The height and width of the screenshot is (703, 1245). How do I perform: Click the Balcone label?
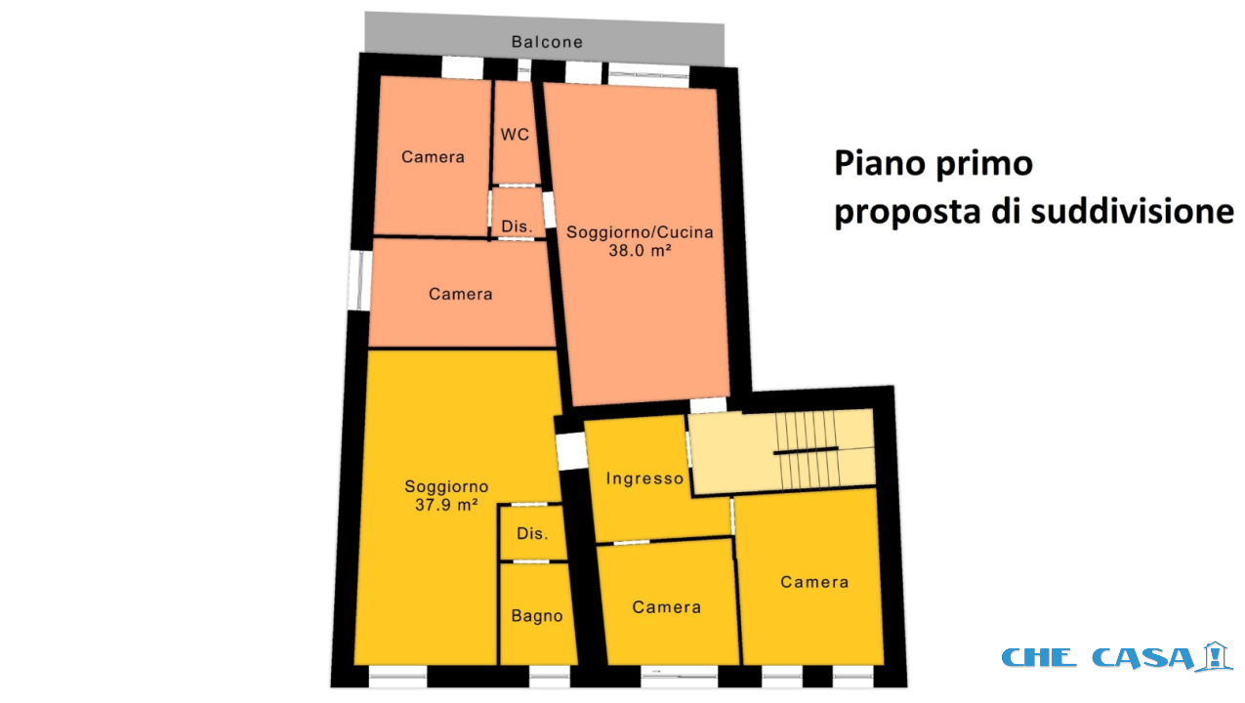tap(547, 42)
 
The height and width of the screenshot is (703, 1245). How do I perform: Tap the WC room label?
tap(515, 135)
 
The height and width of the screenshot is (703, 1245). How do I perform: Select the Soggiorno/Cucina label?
tap(640, 232)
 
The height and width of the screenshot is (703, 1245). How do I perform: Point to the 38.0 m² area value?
tap(640, 251)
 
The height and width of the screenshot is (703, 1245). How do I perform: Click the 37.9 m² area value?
tap(446, 505)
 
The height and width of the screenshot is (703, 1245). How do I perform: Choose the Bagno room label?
tap(537, 616)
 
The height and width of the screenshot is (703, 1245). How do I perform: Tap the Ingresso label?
tap(644, 478)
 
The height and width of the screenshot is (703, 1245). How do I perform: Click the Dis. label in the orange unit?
tap(517, 227)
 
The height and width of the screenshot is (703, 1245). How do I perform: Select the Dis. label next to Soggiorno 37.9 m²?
tap(532, 533)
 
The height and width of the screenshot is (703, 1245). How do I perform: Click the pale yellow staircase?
tap(782, 451)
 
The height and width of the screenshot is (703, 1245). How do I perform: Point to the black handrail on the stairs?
tap(806, 451)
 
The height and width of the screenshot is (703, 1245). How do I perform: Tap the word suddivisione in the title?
tap(1132, 212)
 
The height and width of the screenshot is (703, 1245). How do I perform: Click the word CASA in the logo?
tap(1142, 658)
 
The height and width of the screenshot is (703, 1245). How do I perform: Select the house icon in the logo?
tap(1215, 656)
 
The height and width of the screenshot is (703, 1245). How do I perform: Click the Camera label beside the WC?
tap(433, 157)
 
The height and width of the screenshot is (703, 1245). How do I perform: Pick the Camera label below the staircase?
tap(814, 582)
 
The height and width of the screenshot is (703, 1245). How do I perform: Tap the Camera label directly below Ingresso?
tap(666, 607)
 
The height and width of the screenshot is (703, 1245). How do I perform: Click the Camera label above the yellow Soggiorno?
tap(460, 294)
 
